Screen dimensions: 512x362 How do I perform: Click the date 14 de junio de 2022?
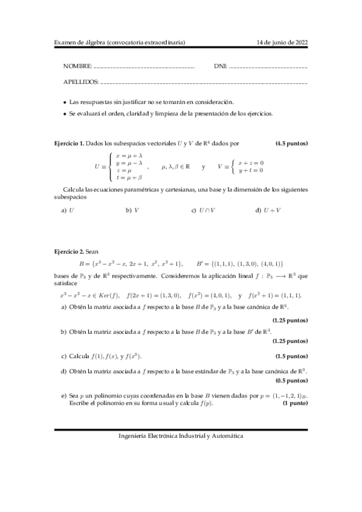point(282,42)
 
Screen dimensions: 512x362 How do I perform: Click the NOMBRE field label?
point(77,65)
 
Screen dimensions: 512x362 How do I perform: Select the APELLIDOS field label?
point(81,81)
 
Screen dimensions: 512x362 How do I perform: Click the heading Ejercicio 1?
point(69,144)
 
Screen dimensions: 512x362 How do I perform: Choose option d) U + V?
point(268,210)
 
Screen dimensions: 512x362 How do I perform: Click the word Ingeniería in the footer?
point(133,435)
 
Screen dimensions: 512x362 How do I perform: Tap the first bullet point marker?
point(65,103)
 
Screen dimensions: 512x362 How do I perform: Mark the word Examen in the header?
point(65,42)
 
